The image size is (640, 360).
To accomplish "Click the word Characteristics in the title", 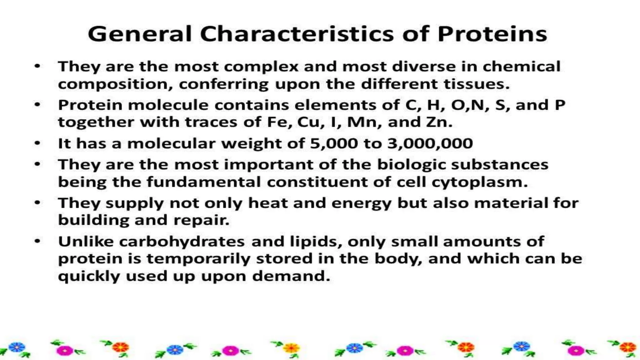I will (x=297, y=34).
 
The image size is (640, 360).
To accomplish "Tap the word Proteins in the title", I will (x=492, y=34).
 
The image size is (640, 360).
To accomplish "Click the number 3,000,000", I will (x=430, y=144).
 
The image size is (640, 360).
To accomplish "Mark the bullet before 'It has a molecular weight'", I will (x=37, y=143).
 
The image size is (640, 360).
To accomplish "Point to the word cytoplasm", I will (x=479, y=182).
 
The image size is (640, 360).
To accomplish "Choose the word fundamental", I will (x=203, y=182).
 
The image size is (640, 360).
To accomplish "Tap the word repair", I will (x=201, y=221).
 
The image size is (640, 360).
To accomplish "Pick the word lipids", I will (x=316, y=242).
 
